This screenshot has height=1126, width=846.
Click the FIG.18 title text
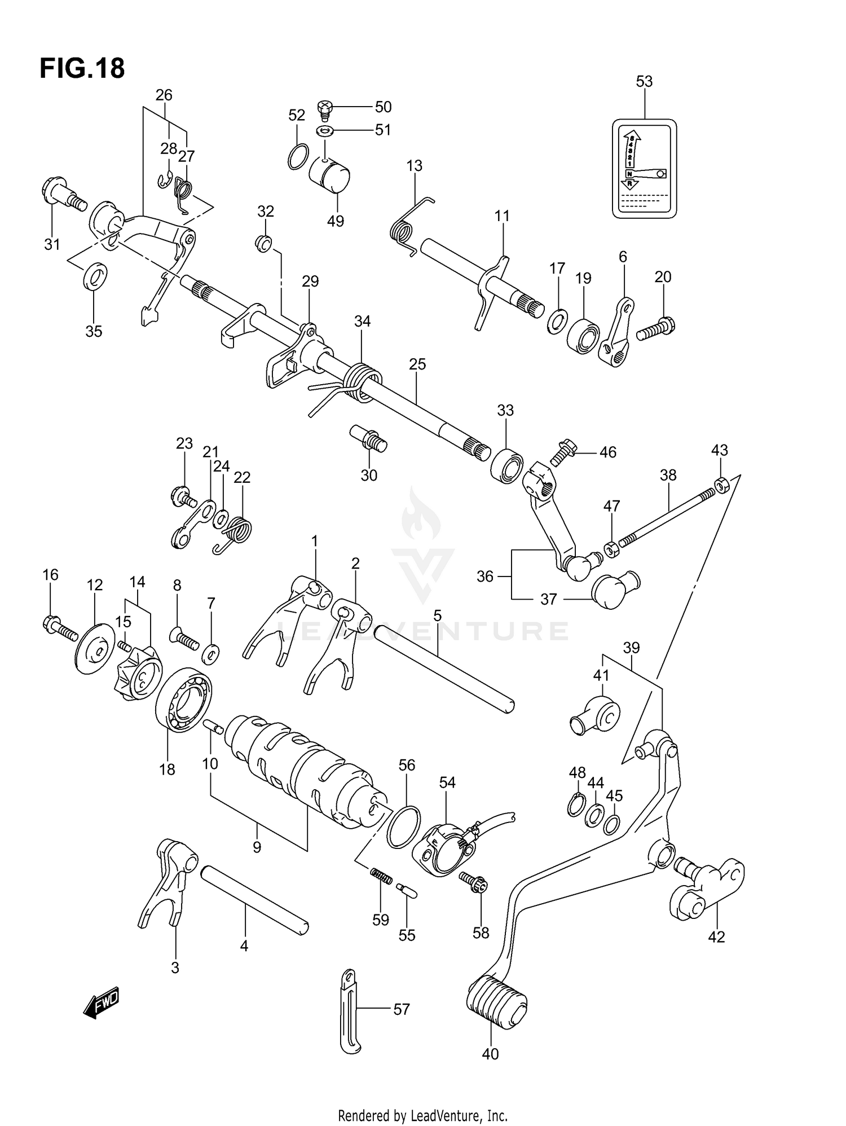pyautogui.click(x=82, y=69)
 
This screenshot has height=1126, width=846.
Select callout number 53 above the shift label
pyautogui.click(x=644, y=82)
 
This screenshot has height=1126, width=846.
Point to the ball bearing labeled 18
pyautogui.click(x=184, y=700)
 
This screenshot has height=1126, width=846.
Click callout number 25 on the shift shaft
pyautogui.click(x=417, y=364)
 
